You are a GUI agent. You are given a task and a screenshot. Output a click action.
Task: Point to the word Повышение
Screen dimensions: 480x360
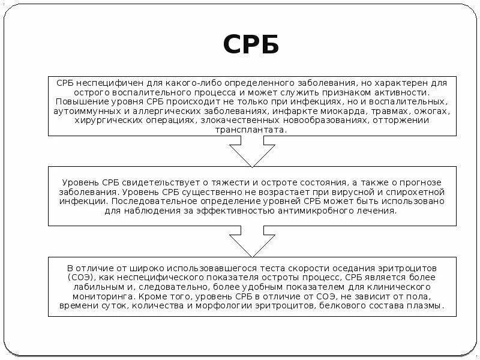coord(75,103)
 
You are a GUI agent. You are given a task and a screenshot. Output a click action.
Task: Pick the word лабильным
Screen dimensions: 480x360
coord(89,287)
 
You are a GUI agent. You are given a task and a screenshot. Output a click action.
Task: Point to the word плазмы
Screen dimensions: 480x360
coord(427,306)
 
